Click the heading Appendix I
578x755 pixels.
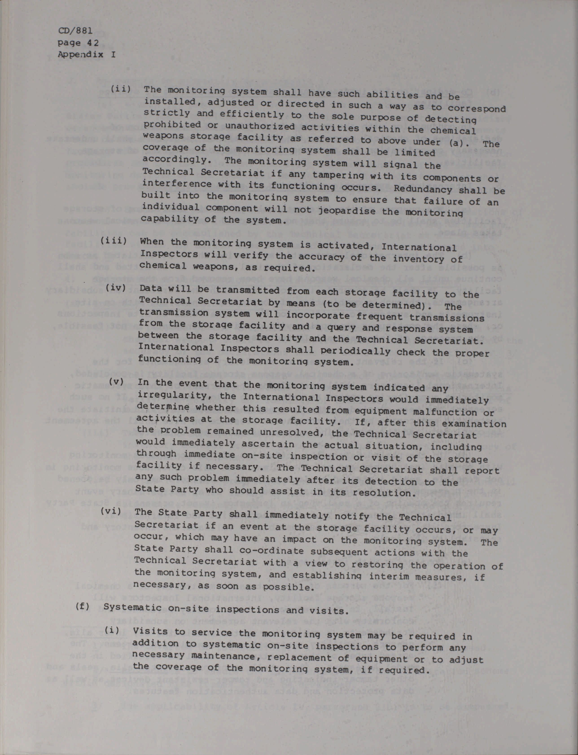coord(86,54)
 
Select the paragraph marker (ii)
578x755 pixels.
coord(120,89)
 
